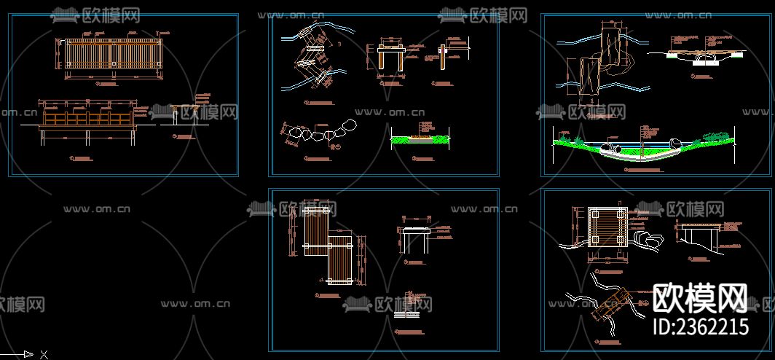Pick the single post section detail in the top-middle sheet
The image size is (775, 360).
[x=443, y=58]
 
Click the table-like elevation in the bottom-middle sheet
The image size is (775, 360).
[x=417, y=237]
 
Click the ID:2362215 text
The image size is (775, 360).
[x=700, y=325]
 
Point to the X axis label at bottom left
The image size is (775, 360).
[x=44, y=354]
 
